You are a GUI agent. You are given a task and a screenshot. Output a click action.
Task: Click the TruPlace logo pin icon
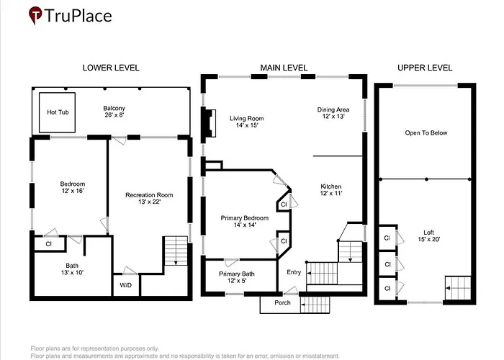(35, 15)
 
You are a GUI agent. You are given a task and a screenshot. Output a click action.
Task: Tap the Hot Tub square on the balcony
(57, 112)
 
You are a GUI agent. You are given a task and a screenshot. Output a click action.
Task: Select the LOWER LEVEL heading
(111, 68)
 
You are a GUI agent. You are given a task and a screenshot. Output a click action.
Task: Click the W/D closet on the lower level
(126, 285)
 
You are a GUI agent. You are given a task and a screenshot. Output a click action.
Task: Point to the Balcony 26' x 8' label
(114, 112)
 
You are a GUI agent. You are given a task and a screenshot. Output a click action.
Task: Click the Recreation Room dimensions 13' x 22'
(149, 202)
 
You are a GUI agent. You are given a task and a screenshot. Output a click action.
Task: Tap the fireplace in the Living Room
(209, 124)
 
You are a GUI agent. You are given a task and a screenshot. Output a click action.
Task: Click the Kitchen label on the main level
(330, 186)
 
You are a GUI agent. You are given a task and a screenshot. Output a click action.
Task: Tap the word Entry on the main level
(294, 272)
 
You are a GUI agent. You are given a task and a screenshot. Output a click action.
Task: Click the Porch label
(282, 303)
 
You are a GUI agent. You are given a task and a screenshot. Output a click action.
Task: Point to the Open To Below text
(426, 132)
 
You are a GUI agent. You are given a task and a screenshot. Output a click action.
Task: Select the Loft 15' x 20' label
(429, 235)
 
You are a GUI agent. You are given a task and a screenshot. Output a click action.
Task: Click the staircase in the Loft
(458, 288)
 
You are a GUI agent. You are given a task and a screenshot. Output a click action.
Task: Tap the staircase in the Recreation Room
(176, 251)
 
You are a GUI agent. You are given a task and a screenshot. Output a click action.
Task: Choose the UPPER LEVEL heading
(425, 68)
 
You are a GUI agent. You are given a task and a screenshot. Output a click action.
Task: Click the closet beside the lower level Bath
(49, 244)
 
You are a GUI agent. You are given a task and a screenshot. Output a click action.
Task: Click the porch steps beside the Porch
(315, 305)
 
